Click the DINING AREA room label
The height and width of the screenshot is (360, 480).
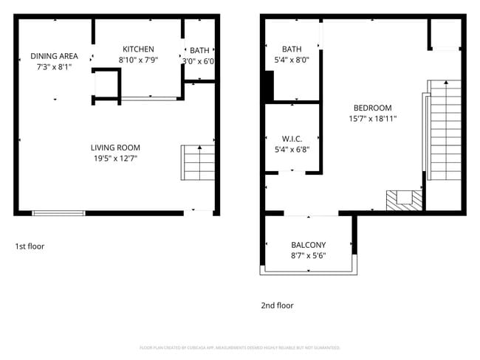click(x=54, y=56)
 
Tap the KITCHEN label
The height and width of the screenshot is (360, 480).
click(x=138, y=49)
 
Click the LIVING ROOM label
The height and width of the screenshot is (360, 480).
click(x=115, y=148)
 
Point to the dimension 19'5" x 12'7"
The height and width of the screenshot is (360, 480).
click(x=115, y=158)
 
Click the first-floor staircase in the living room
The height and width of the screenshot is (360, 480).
click(x=197, y=162)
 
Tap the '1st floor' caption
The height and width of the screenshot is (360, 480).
click(x=30, y=246)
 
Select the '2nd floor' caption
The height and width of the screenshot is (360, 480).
click(x=277, y=305)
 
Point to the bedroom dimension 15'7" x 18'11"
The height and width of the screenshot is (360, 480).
click(x=373, y=118)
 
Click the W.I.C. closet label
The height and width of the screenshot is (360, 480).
click(x=291, y=139)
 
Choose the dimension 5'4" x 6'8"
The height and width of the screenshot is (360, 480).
click(x=291, y=149)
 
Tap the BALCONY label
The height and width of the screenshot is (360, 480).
click(x=308, y=245)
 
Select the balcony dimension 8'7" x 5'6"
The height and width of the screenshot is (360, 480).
click(x=308, y=255)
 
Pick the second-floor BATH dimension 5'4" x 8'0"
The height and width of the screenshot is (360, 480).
click(x=291, y=60)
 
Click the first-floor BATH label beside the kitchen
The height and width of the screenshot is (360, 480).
click(x=199, y=51)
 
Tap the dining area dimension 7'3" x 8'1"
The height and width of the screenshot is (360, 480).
click(x=54, y=66)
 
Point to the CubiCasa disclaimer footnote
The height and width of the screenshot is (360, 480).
click(x=240, y=347)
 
